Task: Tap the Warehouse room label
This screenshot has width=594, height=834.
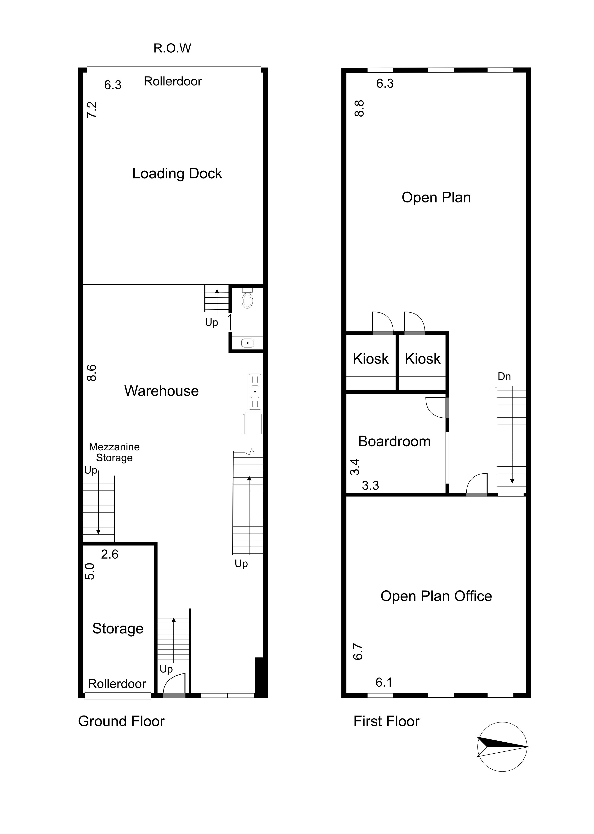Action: [x=161, y=391]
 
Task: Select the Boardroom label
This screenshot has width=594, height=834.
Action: [x=394, y=441]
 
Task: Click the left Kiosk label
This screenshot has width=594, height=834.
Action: [x=371, y=359]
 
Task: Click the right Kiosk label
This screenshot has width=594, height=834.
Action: [x=423, y=359]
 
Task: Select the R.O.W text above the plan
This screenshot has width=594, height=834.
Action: [x=172, y=48]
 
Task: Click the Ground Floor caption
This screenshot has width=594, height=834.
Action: [x=121, y=721]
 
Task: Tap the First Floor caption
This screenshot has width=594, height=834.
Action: [x=386, y=721]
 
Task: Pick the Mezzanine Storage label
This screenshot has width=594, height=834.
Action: [x=114, y=452]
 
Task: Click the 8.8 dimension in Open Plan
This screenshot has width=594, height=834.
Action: [x=360, y=109]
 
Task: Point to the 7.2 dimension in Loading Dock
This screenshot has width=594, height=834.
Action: [x=91, y=110]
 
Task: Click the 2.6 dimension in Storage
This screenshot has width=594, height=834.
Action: [x=110, y=554]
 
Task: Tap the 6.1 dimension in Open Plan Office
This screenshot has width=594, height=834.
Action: [x=384, y=682]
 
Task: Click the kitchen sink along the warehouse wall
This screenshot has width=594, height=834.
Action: [x=255, y=391]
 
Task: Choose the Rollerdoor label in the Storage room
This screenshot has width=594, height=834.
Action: [x=117, y=684]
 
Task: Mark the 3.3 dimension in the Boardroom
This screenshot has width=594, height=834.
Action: [x=371, y=486]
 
